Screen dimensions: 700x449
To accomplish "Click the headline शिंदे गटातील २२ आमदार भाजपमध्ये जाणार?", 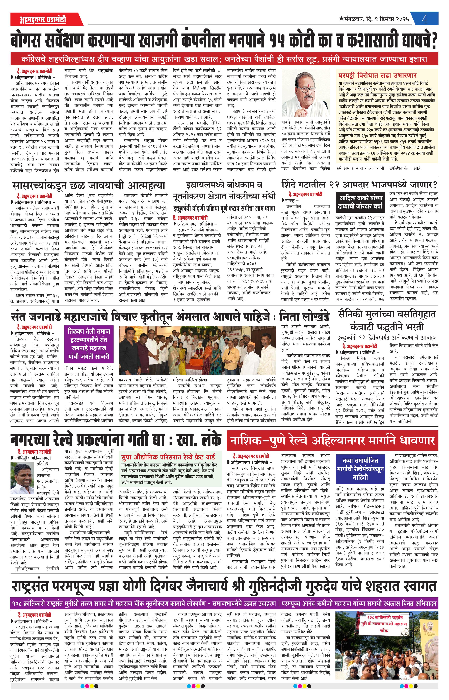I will pos(359,185).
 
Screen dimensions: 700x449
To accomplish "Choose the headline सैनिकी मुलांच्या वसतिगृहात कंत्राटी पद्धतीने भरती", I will pos(387,320).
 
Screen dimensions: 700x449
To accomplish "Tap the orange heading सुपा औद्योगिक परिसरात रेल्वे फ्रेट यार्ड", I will pos(168,457).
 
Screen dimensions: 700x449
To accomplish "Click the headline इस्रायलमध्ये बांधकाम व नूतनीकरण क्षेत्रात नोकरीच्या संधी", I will pos(224,190).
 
